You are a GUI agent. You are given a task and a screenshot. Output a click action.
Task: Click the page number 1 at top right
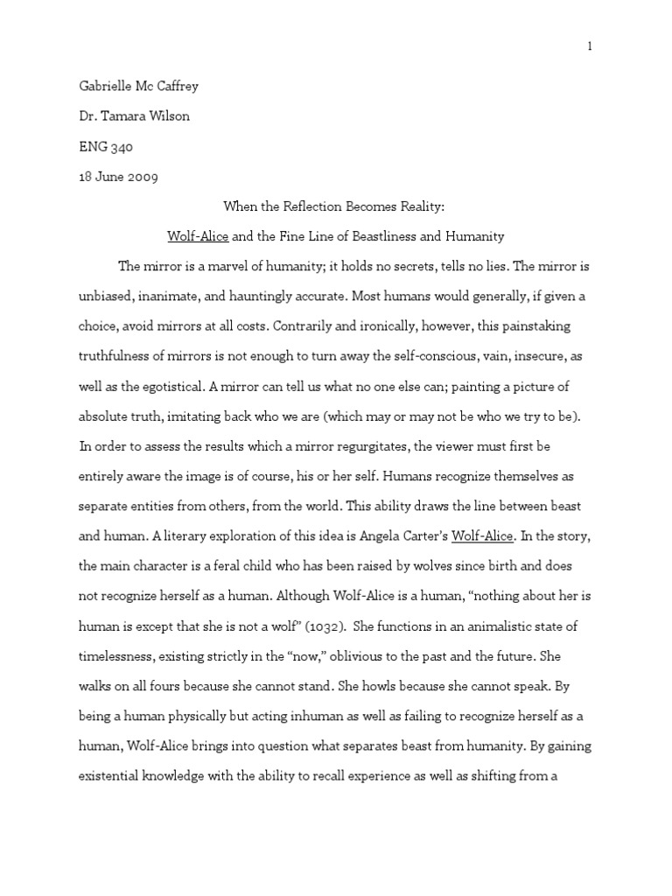tap(590, 47)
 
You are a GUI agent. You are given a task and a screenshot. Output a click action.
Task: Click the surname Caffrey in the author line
tap(188, 86)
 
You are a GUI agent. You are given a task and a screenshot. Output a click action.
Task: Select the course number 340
tap(121, 147)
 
